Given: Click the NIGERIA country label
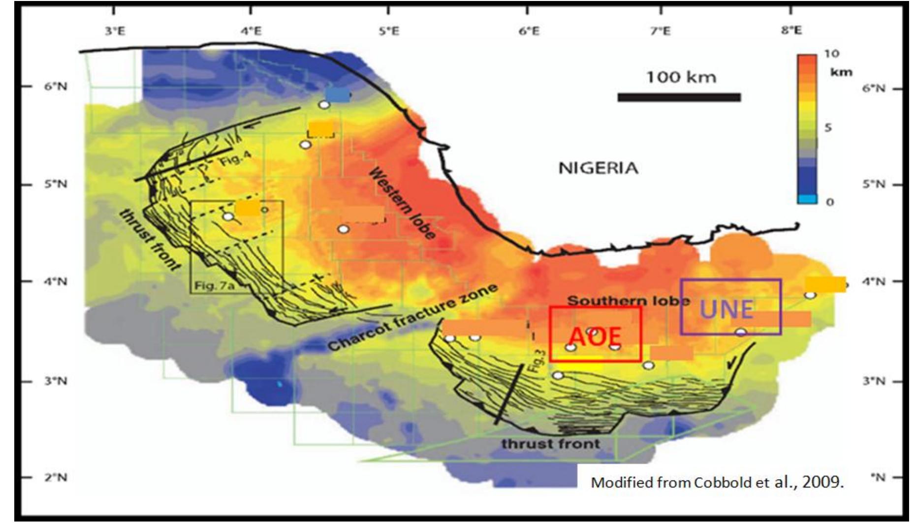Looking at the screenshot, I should (598, 168).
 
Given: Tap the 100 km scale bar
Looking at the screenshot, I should (679, 97).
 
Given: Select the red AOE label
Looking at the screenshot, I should (595, 337).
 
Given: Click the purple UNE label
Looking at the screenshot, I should (726, 309).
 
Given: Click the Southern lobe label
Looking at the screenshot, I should (628, 301).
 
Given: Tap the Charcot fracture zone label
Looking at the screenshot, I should (412, 318).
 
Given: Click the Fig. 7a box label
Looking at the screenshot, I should (214, 285).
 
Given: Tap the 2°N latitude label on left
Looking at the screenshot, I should (56, 477).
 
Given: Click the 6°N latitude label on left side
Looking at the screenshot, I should (56, 87).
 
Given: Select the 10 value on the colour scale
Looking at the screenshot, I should (831, 54).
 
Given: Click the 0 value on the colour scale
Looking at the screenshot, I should (830, 202).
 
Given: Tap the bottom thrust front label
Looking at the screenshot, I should (550, 444).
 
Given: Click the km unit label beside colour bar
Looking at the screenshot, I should (841, 72).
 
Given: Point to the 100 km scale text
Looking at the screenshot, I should (681, 77).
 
